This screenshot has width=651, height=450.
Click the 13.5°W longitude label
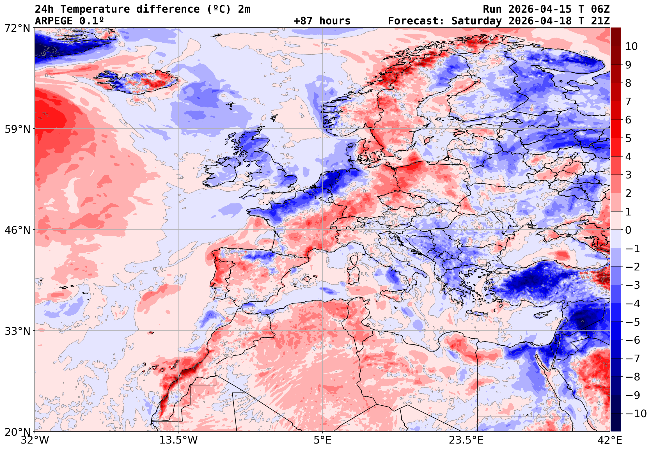(178, 440)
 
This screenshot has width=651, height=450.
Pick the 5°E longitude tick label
(322, 440)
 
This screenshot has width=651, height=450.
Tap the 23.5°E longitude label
(466, 440)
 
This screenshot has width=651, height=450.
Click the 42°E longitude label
(609, 440)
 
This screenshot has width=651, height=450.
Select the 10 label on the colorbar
(631, 46)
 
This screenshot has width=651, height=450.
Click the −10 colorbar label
(636, 414)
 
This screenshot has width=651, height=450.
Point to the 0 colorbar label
(628, 230)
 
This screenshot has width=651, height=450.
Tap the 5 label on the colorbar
(628, 138)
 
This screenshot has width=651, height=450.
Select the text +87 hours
(322, 21)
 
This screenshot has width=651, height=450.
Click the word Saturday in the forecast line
(476, 21)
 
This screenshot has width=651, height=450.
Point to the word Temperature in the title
(95, 9)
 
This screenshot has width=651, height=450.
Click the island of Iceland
(138, 82)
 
